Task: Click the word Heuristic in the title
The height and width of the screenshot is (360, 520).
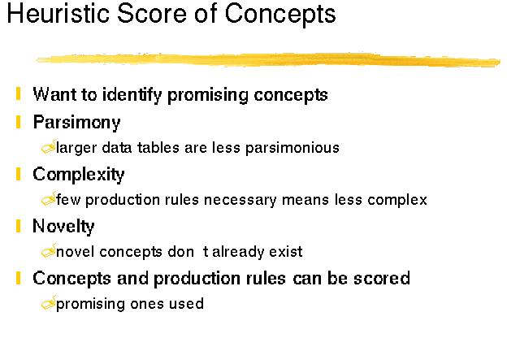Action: pyautogui.click(x=58, y=13)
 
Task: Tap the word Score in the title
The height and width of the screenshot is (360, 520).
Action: pyautogui.click(x=152, y=13)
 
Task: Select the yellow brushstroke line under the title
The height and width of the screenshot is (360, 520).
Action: pyautogui.click(x=268, y=59)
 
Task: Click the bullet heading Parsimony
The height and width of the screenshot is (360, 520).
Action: pyautogui.click(x=76, y=123)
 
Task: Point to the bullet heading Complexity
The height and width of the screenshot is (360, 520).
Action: pyautogui.click(x=79, y=175)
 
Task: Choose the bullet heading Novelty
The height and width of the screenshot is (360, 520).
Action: pyautogui.click(x=63, y=227)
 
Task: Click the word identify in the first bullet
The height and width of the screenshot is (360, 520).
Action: pyautogui.click(x=132, y=95)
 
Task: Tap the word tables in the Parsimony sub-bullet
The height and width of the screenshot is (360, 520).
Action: pyautogui.click(x=158, y=148)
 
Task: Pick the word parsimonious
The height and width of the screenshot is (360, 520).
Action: pyautogui.click(x=292, y=149)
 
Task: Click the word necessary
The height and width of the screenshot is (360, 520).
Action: pyautogui.click(x=240, y=201)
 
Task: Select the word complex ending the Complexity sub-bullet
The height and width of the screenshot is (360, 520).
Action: pyautogui.click(x=397, y=201)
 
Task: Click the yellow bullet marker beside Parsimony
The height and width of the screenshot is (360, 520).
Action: pyautogui.click(x=18, y=122)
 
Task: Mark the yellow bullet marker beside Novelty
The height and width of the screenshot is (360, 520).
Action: pyautogui.click(x=18, y=226)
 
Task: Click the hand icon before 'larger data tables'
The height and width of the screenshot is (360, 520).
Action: pyautogui.click(x=49, y=147)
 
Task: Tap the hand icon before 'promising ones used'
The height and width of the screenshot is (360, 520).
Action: pyautogui.click(x=49, y=303)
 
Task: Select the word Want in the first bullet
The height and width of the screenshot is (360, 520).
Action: pyautogui.click(x=54, y=94)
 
